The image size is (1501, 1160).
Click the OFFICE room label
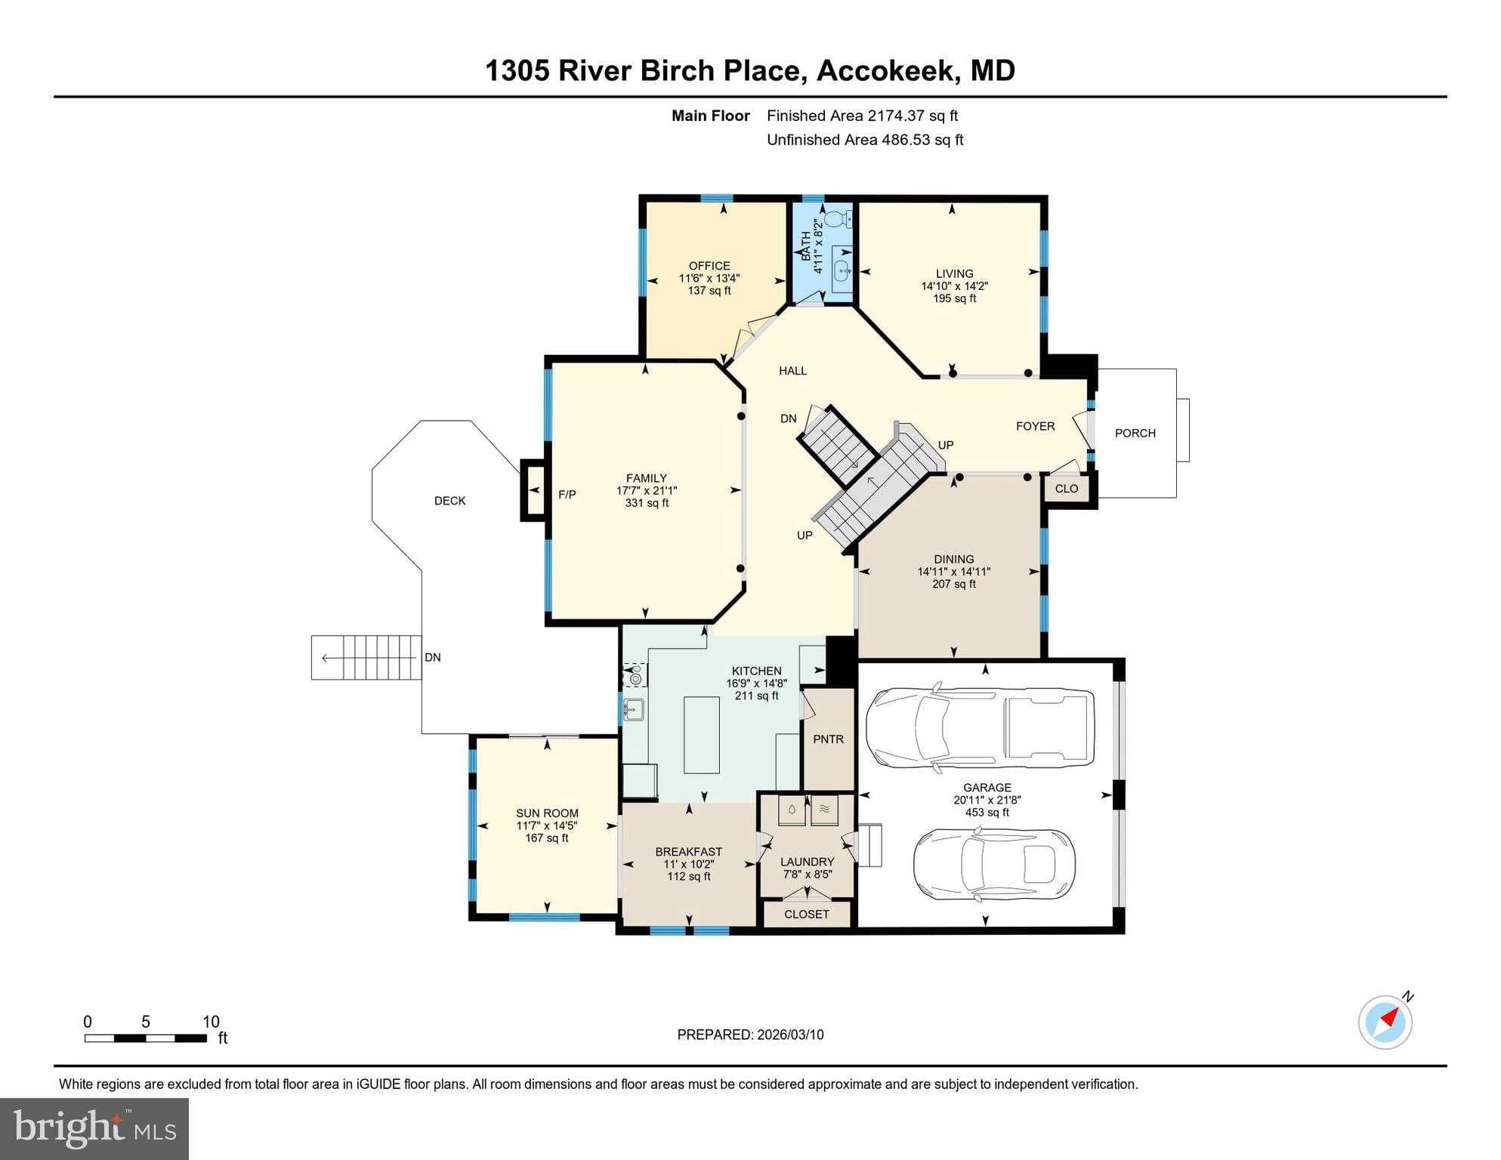pos(709,266)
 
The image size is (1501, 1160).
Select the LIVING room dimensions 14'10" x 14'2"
pos(954,286)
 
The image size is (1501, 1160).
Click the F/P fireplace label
pos(567,495)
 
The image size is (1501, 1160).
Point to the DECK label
pos(449,501)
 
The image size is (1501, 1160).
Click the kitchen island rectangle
pos(701,734)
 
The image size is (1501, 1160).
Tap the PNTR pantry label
pos(828,739)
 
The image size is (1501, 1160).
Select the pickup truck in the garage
pos(980,727)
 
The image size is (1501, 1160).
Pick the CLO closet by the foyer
pos(1066,489)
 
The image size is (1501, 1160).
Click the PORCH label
pos(1135,433)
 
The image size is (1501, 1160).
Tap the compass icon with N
pos(1385,1022)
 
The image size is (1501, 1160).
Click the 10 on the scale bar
pos(211,1022)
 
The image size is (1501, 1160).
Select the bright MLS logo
pos(94,1128)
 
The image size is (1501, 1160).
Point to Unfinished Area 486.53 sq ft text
pos(864,140)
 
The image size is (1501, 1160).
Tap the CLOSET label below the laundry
pos(806,914)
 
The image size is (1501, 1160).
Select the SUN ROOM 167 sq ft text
pos(547,838)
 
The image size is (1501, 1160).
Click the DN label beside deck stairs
pos(432,657)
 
